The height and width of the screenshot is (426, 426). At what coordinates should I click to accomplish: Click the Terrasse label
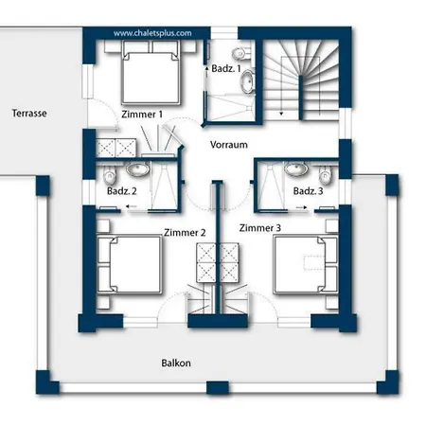29,113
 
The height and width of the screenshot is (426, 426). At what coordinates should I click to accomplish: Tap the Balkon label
176,363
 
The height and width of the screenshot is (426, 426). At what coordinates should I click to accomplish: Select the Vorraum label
229,145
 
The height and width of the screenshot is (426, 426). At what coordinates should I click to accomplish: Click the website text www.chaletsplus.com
152,33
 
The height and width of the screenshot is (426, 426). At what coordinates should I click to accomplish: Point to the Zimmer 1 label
142,115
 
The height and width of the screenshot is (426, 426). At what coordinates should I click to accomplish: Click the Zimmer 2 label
185,233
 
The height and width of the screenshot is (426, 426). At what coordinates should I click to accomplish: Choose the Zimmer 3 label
260,228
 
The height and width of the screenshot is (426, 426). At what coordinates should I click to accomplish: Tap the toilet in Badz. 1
241,54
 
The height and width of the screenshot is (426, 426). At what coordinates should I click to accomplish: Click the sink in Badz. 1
247,81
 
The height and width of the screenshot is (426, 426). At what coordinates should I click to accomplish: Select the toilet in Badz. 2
110,177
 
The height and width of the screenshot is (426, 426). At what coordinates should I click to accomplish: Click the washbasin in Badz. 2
138,169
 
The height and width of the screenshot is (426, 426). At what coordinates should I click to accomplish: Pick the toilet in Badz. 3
325,177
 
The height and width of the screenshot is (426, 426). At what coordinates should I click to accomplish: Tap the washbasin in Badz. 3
296,169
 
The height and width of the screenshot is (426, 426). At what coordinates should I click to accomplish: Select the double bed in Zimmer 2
130,264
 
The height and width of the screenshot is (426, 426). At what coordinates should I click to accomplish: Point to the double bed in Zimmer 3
306,264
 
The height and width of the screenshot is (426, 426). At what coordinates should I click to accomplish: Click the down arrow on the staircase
281,114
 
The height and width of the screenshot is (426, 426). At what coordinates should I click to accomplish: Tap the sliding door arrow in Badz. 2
132,206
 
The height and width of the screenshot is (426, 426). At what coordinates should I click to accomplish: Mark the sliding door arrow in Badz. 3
302,207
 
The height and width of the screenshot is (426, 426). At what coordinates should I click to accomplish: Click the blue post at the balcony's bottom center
218,388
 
